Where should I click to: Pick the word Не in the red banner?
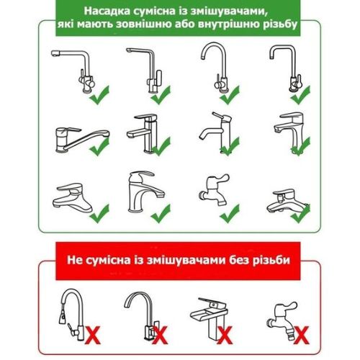(x=75, y=260)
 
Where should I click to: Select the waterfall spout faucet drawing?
(x=208, y=318)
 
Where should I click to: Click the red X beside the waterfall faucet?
(x=225, y=335)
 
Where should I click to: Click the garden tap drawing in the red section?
(x=283, y=319)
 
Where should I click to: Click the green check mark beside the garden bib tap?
(x=230, y=214)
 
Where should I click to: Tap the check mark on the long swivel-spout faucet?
(x=99, y=147)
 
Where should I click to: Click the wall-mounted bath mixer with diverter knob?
(x=287, y=202)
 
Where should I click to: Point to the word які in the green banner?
(x=66, y=24)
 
